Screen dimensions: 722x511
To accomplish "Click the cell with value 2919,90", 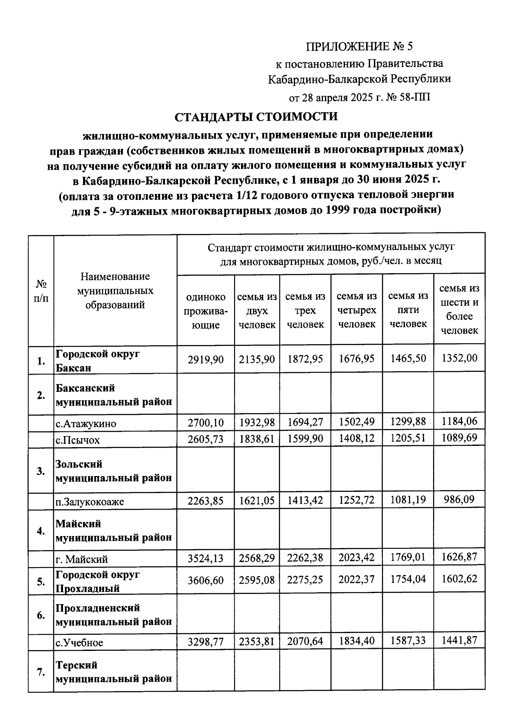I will (206, 360).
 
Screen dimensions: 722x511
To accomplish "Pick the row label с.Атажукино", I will (86, 423).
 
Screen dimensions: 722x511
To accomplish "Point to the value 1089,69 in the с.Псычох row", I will (459, 438).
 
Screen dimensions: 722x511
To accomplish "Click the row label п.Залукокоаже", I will (90, 502).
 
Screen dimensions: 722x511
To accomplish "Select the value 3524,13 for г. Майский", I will (206, 558).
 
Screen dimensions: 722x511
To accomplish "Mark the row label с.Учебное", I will (80, 642).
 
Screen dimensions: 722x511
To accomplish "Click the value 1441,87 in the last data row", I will (459, 640).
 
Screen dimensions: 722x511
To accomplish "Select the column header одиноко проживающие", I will (206, 311).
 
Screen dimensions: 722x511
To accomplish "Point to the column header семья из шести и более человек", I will (459, 309).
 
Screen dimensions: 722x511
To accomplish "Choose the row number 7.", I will (41, 672).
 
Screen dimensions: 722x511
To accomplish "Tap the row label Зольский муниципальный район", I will (114, 471).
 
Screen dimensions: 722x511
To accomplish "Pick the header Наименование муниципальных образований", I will (115, 291).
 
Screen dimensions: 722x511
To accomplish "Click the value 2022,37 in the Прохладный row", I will (356, 579).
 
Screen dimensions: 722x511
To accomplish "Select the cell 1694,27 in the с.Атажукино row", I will (305, 422).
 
